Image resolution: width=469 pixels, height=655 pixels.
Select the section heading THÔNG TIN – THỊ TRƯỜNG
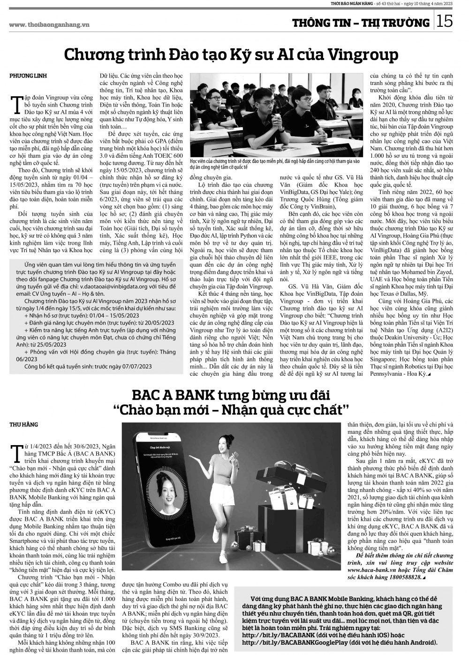(361, 23)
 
